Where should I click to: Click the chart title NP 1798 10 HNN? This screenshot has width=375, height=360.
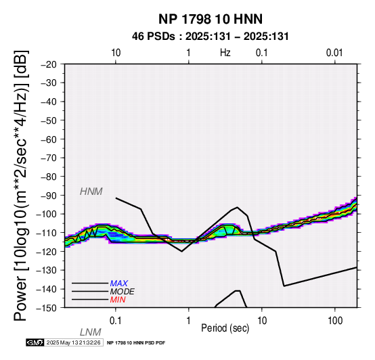click(x=211, y=19)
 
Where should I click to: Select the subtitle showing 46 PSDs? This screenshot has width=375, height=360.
click(x=211, y=37)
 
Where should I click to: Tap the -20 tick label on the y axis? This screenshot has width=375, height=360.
click(x=49, y=64)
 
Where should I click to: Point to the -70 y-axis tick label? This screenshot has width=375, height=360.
click(x=49, y=158)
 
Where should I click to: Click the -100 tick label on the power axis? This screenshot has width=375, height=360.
click(x=47, y=214)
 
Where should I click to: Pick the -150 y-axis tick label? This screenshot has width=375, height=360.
click(x=47, y=308)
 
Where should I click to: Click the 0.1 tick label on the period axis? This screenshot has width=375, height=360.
click(x=116, y=321)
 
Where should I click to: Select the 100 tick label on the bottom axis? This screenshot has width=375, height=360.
click(x=335, y=321)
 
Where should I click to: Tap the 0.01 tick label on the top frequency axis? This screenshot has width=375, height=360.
click(x=334, y=53)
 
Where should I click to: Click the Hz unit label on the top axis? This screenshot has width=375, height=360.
click(x=225, y=53)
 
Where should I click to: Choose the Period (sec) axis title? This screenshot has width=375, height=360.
click(x=225, y=328)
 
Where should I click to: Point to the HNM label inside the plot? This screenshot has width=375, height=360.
click(x=91, y=192)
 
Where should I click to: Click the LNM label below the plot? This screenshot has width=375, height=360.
click(x=91, y=332)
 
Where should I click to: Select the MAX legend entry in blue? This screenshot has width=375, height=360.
click(x=119, y=284)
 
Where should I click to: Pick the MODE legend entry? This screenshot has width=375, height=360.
click(x=123, y=292)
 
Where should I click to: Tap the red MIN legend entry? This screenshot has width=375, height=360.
click(x=118, y=300)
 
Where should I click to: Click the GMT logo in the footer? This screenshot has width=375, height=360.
click(x=35, y=342)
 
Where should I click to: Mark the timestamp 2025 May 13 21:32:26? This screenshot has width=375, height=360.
click(x=73, y=342)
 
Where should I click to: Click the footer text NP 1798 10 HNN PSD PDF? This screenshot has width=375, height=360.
click(x=136, y=343)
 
